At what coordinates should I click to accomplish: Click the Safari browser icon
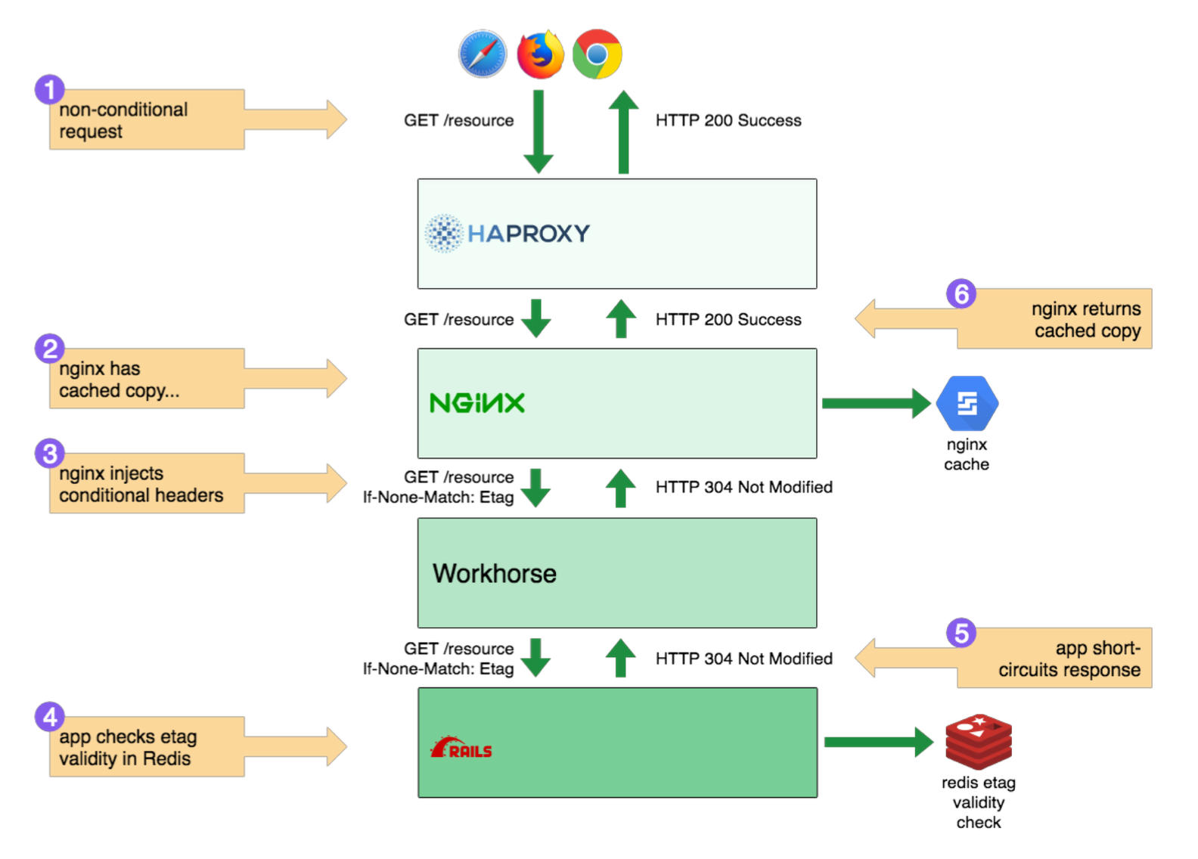click(x=482, y=54)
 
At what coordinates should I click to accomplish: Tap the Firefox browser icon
click(x=540, y=54)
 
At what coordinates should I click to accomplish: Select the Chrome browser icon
click(x=597, y=54)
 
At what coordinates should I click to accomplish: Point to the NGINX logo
click(x=477, y=403)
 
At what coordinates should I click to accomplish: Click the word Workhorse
click(x=495, y=574)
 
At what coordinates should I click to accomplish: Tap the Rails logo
click(x=461, y=749)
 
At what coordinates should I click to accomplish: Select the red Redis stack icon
click(x=978, y=742)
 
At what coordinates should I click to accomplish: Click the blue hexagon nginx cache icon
click(x=967, y=403)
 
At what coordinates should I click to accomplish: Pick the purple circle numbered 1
click(x=50, y=90)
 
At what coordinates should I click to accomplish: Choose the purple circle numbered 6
click(x=961, y=293)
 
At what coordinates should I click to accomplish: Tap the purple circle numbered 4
click(x=50, y=717)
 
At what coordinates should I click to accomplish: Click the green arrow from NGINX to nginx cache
click(x=876, y=403)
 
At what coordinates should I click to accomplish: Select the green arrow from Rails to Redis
click(x=878, y=742)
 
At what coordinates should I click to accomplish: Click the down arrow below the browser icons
click(x=538, y=132)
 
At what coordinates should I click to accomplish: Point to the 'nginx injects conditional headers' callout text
click(x=141, y=484)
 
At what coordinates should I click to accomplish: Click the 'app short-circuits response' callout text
click(x=1069, y=659)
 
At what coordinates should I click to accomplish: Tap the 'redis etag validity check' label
click(x=978, y=802)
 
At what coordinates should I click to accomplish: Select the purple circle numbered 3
click(x=50, y=454)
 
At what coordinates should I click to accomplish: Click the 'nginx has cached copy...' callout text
click(x=119, y=380)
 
